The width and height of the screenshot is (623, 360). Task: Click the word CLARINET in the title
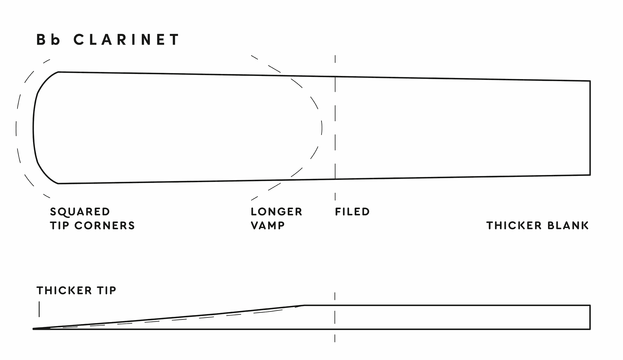126,40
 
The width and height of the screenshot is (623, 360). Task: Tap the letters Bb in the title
48,40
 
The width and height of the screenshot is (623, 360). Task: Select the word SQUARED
80,212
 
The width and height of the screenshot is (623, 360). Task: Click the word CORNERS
104,225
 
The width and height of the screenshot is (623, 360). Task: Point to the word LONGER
276,212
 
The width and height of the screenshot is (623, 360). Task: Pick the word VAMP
268,225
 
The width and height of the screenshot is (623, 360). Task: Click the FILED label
352,212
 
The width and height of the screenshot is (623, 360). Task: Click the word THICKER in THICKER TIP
64,290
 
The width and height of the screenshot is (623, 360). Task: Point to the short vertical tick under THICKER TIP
39,309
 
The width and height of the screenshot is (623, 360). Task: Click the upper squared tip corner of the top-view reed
58,72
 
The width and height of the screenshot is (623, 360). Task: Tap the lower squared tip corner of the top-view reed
58,183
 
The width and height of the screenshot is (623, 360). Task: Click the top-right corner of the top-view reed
590,81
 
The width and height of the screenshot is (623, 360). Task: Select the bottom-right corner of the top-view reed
590,175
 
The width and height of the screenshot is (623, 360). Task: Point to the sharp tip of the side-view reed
33,329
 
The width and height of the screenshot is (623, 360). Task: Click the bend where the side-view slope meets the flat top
304,305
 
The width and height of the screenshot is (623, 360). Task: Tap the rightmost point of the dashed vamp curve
322,128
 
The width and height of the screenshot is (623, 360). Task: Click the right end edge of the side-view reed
590,317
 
